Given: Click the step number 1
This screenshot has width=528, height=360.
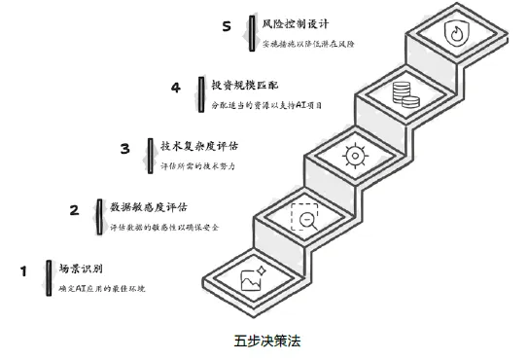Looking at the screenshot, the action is pos(23,271).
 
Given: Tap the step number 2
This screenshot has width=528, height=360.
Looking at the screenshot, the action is pos(75,210).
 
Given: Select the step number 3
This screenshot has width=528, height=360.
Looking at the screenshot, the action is pos(124,149).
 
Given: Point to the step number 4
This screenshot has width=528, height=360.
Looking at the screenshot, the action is pos(176,88).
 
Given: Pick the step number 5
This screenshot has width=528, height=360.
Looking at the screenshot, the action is pos(227,26).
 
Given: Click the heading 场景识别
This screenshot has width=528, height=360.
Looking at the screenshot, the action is pos(81,269).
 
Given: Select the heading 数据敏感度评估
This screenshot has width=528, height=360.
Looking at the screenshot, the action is pos(149,207).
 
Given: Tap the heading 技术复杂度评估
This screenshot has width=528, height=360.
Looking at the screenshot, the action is pos(199,146).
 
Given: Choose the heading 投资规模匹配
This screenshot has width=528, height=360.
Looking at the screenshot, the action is pos(245,85).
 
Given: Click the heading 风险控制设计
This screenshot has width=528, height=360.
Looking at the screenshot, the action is pos(296,23).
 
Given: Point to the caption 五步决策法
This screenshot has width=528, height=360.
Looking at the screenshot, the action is pos(267,341).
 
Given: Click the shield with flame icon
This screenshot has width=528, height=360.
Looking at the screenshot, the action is pos(456,33).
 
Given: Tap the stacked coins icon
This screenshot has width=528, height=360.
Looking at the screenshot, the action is pos(406,95).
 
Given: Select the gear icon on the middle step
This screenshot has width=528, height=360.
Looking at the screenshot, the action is pos(355,156).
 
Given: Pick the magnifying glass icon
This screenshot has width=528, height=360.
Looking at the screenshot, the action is pos(304,217).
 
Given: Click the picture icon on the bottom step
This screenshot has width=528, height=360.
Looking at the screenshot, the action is pos(254,278).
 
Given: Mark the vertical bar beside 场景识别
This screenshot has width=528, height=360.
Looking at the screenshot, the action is pos(49,278).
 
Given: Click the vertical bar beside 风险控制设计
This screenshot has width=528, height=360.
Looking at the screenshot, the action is pos(252,33).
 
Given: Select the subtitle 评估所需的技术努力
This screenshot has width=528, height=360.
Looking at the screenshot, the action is pos(197,165).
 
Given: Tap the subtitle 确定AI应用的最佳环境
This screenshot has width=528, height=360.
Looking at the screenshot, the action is pos(102,289).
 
